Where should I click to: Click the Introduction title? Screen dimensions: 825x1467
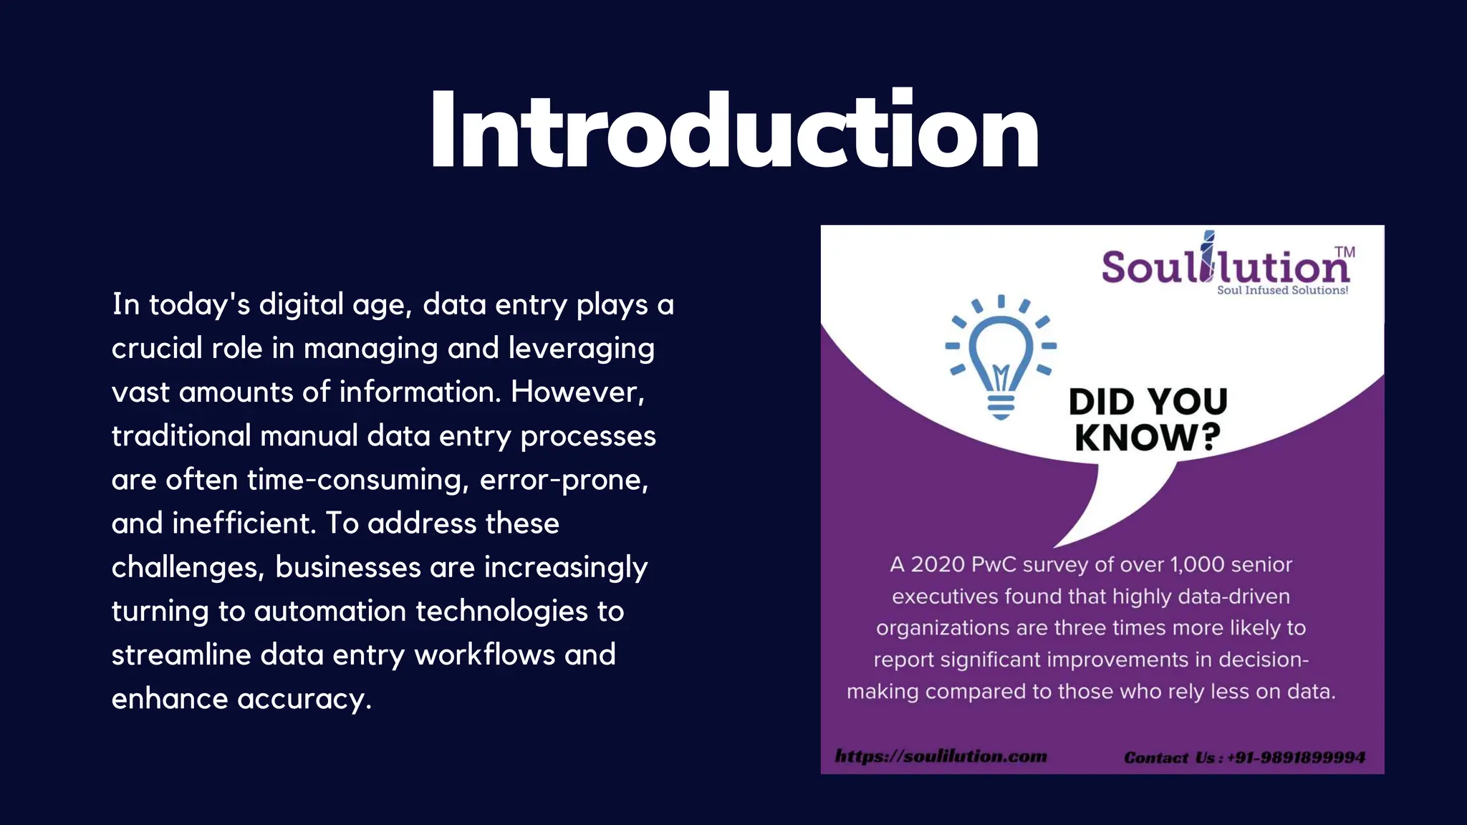pyautogui.click(x=733, y=131)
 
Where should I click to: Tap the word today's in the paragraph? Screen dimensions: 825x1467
pyautogui.click(x=199, y=305)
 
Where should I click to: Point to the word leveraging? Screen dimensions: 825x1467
pyautogui.click(x=581, y=349)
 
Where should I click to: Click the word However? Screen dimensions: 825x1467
pyautogui.click(x=577, y=392)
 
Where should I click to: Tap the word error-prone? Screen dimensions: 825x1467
pyautogui.click(x=564, y=480)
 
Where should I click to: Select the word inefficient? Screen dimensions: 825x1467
pyautogui.click(x=244, y=524)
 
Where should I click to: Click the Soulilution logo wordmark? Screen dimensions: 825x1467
pyautogui.click(x=1225, y=266)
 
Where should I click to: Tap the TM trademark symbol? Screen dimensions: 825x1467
pyautogui.click(x=1345, y=252)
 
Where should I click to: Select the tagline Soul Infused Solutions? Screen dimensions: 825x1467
pyautogui.click(x=1282, y=290)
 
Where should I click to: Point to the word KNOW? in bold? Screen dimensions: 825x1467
pyautogui.click(x=1148, y=438)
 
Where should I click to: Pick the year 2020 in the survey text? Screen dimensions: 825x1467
pyautogui.click(x=938, y=564)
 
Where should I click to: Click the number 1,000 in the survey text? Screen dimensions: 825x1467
pyautogui.click(x=1197, y=564)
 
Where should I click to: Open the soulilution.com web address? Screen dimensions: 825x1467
pyautogui.click(x=941, y=756)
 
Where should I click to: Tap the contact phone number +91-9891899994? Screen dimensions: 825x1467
pyautogui.click(x=1296, y=758)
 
